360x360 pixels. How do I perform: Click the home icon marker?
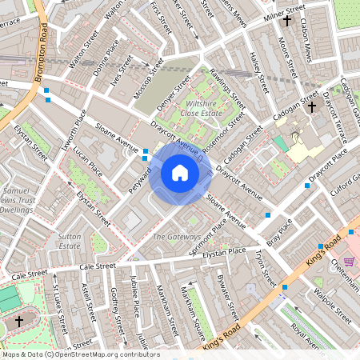(x=179, y=173)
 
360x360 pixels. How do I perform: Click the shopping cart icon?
(x=350, y=261)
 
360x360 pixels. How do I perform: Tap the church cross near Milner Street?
(x=287, y=20)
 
